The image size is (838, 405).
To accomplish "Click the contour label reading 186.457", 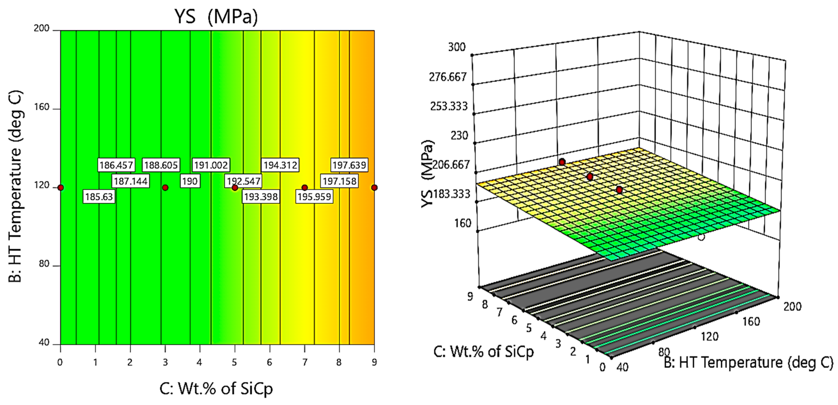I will (116, 165).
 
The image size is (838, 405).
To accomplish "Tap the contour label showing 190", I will (190, 181).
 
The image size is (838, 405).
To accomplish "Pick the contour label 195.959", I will (314, 197).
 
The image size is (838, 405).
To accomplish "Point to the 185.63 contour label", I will (99, 197).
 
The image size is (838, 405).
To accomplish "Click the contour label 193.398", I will (261, 197).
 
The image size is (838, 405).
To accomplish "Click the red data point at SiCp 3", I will (165, 187).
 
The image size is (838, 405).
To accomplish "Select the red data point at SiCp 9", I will (374, 187).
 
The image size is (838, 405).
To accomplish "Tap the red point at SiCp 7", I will (305, 187).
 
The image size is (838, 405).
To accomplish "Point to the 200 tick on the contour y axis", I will (42, 29).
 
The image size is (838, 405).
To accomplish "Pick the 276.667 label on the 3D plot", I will (448, 77).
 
